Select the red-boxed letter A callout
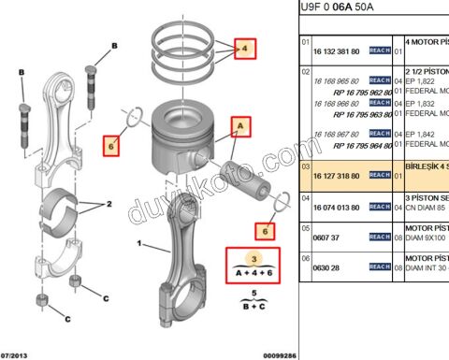(x=240, y=124)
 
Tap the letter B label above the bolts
(x=114, y=45)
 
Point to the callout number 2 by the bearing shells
(x=109, y=203)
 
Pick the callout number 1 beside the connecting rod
(x=140, y=245)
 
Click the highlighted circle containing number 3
(x=250, y=257)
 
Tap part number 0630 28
(x=325, y=266)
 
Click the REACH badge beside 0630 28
(x=379, y=266)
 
